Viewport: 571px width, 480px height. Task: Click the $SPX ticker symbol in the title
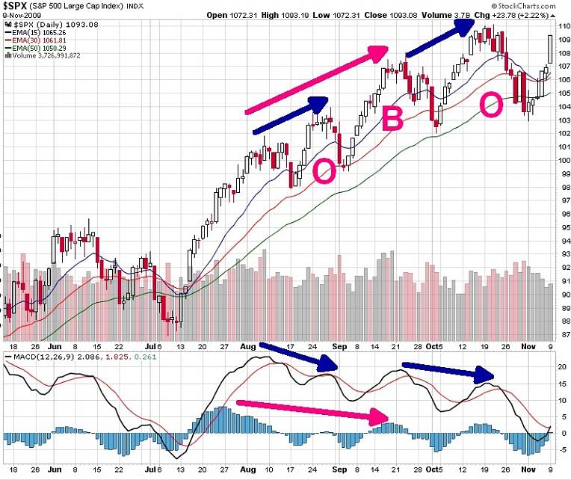click(x=17, y=5)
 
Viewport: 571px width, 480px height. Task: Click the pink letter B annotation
click(x=393, y=119)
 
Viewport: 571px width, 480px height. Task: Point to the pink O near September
click(x=324, y=170)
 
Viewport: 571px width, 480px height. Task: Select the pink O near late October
click(x=491, y=105)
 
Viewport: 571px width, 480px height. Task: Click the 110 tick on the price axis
click(x=562, y=25)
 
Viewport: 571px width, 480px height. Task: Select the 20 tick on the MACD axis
click(x=563, y=366)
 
